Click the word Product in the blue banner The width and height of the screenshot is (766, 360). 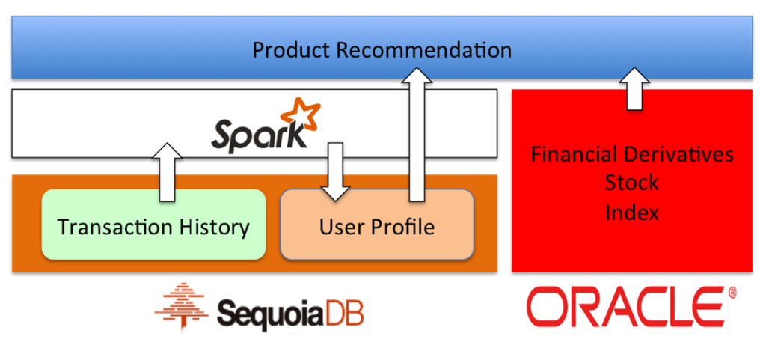point(291,50)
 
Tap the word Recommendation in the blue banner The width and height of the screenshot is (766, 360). point(423,50)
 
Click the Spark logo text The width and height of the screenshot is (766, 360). point(254,135)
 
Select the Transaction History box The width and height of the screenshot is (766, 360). point(153,225)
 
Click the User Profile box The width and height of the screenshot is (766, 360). point(376,225)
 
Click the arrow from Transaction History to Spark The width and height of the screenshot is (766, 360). point(168,171)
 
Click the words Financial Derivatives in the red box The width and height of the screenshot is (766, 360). point(632,155)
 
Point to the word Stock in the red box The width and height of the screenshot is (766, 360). point(632,183)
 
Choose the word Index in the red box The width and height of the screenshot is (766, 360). point(632,212)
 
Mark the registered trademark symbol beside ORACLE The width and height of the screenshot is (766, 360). point(731,291)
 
